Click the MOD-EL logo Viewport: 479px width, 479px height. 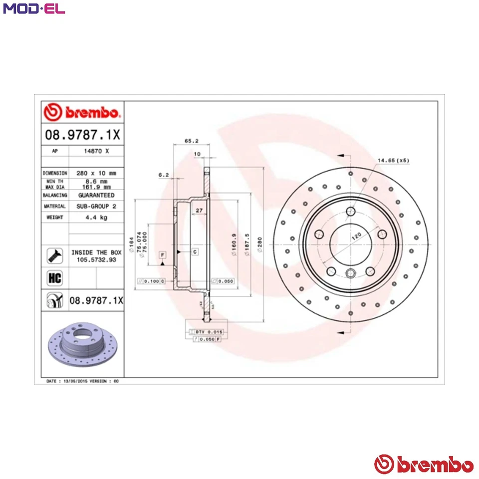click(x=34, y=9)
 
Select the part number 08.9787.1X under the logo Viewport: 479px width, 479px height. click(x=82, y=135)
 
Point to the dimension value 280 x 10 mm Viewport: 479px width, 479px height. click(x=96, y=173)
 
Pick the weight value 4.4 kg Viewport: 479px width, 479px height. click(x=96, y=218)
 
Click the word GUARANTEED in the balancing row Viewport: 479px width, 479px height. click(x=96, y=195)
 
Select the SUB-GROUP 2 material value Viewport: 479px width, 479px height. click(x=96, y=206)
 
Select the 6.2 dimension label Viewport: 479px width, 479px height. click(x=163, y=175)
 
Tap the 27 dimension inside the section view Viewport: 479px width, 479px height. click(x=199, y=211)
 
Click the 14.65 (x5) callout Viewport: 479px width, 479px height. click(x=393, y=160)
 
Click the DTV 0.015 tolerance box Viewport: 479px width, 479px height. click(x=209, y=331)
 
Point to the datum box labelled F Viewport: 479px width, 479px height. click(x=162, y=255)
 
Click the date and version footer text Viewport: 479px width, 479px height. click(x=82, y=381)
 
